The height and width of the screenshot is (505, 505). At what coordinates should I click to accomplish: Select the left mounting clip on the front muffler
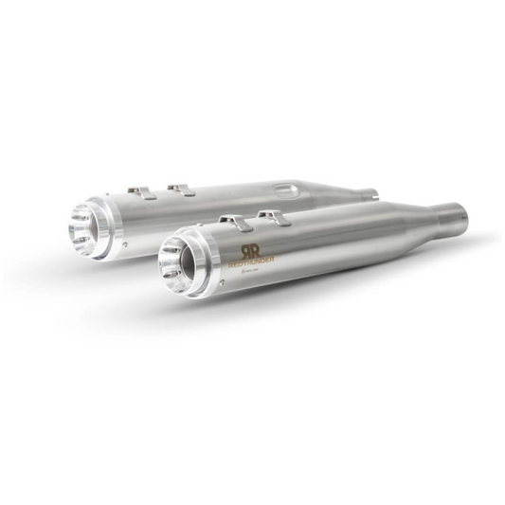pos(231,222)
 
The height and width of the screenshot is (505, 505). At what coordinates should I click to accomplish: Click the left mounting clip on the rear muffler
pos(142,193)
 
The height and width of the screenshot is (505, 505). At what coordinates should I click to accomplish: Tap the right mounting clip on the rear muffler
pos(179,189)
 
